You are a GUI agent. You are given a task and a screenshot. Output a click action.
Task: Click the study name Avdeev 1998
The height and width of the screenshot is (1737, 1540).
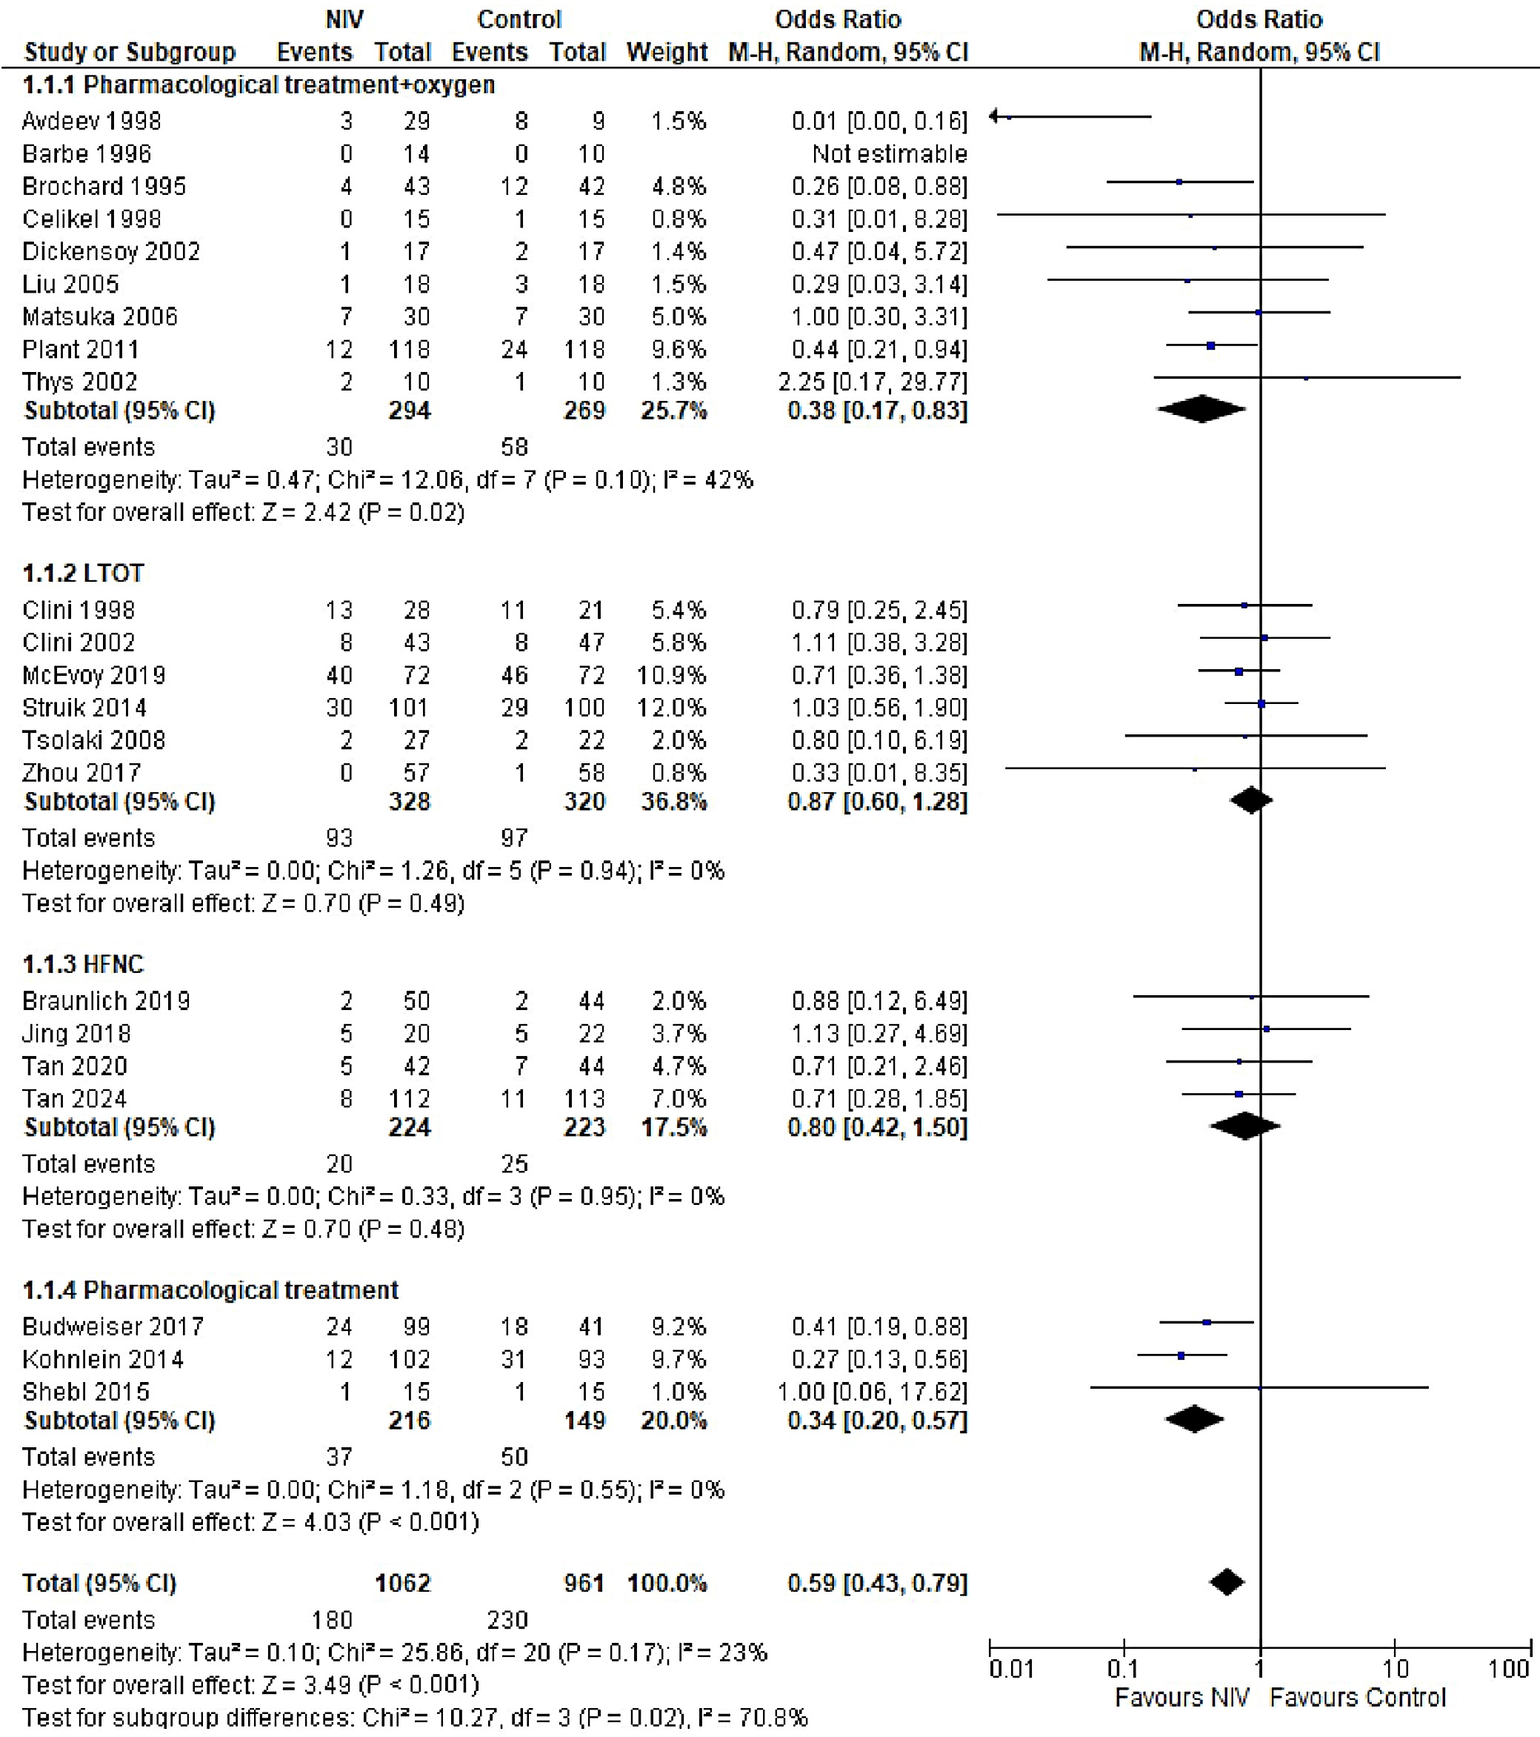click(92, 121)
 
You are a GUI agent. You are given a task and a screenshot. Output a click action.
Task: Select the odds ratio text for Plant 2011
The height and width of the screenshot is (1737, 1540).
click(879, 349)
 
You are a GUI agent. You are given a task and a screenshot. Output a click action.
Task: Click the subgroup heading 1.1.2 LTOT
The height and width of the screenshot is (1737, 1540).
click(83, 573)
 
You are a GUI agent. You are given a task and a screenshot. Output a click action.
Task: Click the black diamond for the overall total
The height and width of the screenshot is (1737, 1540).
click(1227, 1582)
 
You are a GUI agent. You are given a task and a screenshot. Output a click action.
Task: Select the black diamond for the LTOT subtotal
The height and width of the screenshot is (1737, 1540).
click(1250, 800)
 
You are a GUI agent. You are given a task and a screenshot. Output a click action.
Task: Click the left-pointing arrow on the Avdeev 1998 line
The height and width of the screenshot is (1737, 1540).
click(996, 116)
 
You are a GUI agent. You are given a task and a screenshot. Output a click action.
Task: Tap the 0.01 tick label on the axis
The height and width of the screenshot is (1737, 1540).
click(1011, 1669)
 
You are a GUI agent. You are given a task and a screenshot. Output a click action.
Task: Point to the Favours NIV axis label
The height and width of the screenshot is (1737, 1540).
click(1181, 1697)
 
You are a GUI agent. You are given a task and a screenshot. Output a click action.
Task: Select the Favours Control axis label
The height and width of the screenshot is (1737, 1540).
click(1357, 1697)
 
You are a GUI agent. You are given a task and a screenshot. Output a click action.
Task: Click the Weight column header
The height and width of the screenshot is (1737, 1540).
click(667, 52)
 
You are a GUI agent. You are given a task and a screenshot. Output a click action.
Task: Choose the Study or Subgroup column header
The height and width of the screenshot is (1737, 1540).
click(130, 52)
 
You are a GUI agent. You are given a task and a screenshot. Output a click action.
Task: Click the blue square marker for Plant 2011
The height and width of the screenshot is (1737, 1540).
click(1210, 346)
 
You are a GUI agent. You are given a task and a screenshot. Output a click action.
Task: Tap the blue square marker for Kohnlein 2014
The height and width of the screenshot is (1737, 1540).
click(1181, 1355)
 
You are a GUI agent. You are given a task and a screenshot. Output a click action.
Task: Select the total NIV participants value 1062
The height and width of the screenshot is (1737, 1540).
click(403, 1583)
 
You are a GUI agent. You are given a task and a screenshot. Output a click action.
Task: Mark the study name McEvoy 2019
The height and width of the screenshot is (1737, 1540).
click(93, 675)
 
